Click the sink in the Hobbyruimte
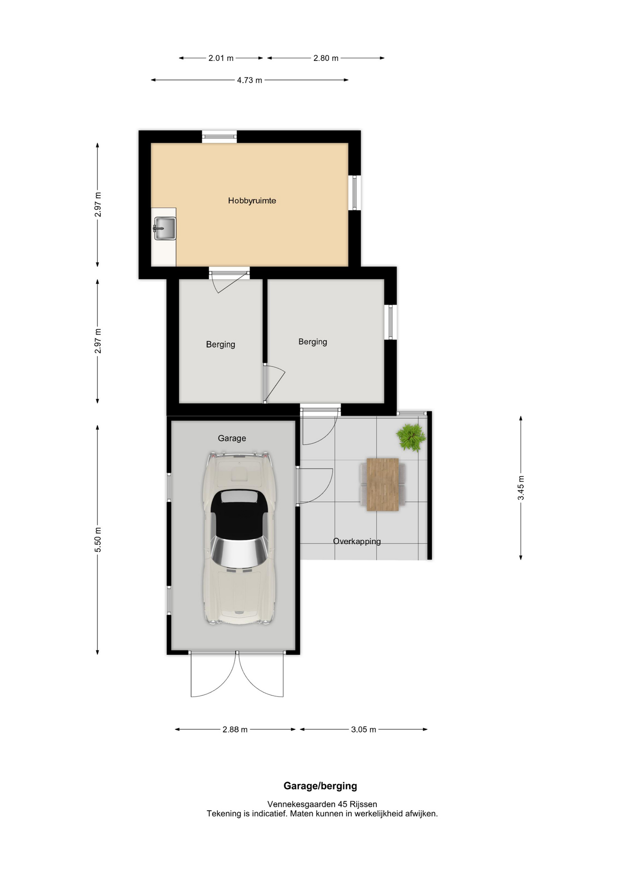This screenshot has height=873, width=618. point(165,228)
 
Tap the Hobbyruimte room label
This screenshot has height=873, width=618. point(252,201)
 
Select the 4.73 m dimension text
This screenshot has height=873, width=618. point(249,80)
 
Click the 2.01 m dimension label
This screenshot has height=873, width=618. point(221,58)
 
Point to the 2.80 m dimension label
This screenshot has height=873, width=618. point(326,58)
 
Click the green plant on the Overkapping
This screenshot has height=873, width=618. point(411,437)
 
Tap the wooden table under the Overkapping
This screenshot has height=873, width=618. point(383,485)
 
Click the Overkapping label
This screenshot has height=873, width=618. point(357,541)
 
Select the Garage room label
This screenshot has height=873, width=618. point(232,438)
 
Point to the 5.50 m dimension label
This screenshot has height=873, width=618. point(98,540)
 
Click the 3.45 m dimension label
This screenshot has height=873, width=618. point(521,488)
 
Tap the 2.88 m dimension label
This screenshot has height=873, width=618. point(235,729)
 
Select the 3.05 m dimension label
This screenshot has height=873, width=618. point(364,729)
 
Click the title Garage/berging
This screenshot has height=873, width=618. point(320,786)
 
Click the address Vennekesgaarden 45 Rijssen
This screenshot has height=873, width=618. point(322,804)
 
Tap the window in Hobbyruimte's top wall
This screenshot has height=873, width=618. point(219,136)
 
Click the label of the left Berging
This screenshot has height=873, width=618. point(221,345)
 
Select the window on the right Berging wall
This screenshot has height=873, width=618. point(390,322)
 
